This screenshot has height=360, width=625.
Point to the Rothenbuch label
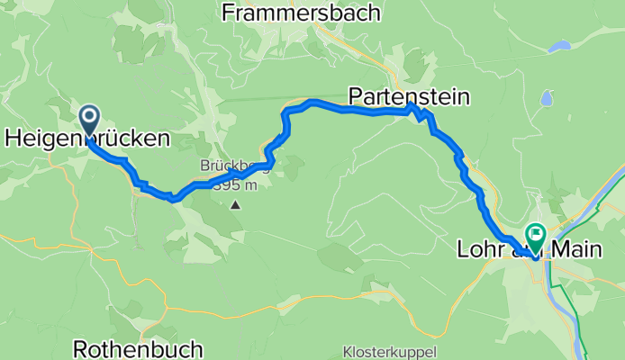(x=131, y=348)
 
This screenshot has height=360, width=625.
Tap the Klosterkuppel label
(x=389, y=351)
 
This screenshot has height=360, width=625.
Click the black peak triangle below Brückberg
(x=235, y=205)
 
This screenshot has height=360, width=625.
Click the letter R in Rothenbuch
(x=78, y=348)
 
